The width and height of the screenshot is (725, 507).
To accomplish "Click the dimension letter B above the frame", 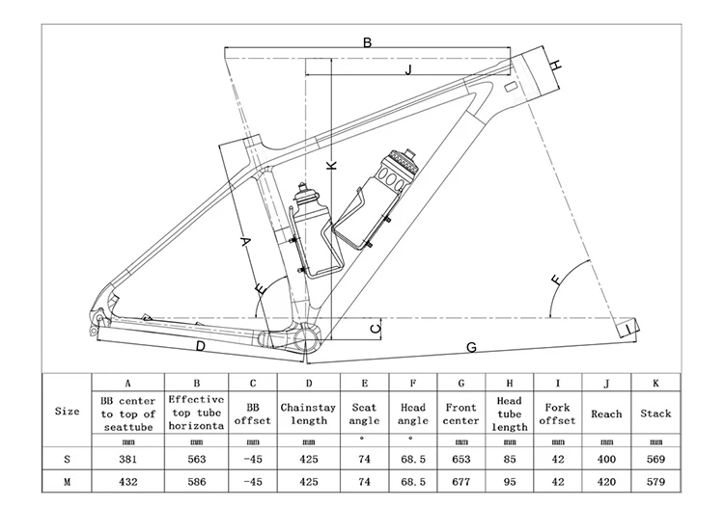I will [x=367, y=41].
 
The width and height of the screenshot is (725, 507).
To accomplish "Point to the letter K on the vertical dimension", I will [x=332, y=165].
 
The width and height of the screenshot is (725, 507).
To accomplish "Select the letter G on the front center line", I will [x=472, y=346].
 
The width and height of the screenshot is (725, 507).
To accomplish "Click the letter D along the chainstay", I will [x=200, y=345].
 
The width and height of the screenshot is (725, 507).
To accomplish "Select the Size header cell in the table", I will [x=67, y=412].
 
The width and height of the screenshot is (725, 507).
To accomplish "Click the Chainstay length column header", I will [x=308, y=414].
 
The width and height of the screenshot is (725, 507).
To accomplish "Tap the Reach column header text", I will [x=606, y=414].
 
